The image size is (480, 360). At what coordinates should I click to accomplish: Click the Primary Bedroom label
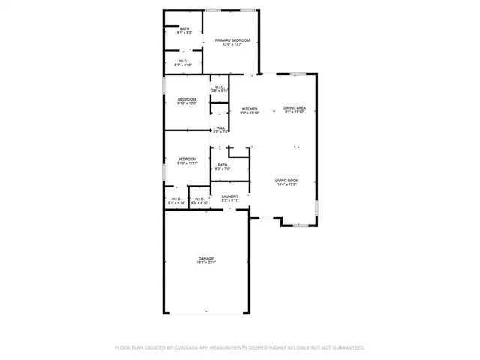click(231, 40)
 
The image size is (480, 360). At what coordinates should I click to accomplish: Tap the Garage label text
click(206, 259)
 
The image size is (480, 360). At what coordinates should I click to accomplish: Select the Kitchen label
click(249, 109)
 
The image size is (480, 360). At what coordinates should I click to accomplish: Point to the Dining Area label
click(294, 109)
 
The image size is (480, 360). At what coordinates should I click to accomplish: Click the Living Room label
click(286, 181)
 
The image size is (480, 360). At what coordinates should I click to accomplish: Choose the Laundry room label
click(229, 196)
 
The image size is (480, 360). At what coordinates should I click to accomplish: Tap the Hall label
click(220, 128)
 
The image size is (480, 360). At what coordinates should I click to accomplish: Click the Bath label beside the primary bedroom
click(184, 29)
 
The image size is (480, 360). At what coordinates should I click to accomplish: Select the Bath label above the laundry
click(223, 165)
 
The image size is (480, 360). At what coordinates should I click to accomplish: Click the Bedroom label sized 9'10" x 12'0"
click(187, 100)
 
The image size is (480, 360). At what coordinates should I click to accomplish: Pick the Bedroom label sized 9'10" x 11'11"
click(187, 159)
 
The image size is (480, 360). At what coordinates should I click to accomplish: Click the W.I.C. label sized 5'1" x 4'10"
click(175, 199)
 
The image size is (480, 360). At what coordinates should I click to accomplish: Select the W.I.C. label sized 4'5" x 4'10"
click(199, 199)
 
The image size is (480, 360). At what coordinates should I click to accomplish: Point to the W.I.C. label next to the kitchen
click(220, 87)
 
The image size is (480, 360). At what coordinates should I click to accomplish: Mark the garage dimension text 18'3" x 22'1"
click(206, 263)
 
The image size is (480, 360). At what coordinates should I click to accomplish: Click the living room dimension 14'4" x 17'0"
click(286, 185)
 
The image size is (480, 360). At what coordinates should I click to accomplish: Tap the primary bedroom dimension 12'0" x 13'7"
click(231, 45)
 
